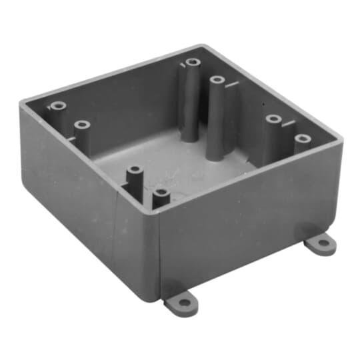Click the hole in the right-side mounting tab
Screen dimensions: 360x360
click(323, 243)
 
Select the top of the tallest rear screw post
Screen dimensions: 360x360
click(193, 63)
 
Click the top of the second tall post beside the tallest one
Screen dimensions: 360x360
click(217, 81)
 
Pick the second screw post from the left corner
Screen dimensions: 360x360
click(82, 125)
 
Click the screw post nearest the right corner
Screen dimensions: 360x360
click(303, 139)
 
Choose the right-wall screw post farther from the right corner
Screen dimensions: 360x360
click(273, 119)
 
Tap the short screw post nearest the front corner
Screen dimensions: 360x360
click(161, 195)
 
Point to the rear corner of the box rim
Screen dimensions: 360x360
click(200, 45)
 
